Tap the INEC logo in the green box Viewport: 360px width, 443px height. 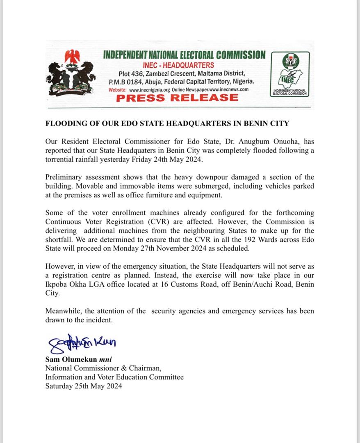coord(290,73)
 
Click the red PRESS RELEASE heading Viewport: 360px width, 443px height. coord(177,98)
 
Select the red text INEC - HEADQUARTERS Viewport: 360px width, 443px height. coord(178,65)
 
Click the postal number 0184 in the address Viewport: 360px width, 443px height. coord(134,81)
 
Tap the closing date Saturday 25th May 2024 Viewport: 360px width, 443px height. coord(84,386)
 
